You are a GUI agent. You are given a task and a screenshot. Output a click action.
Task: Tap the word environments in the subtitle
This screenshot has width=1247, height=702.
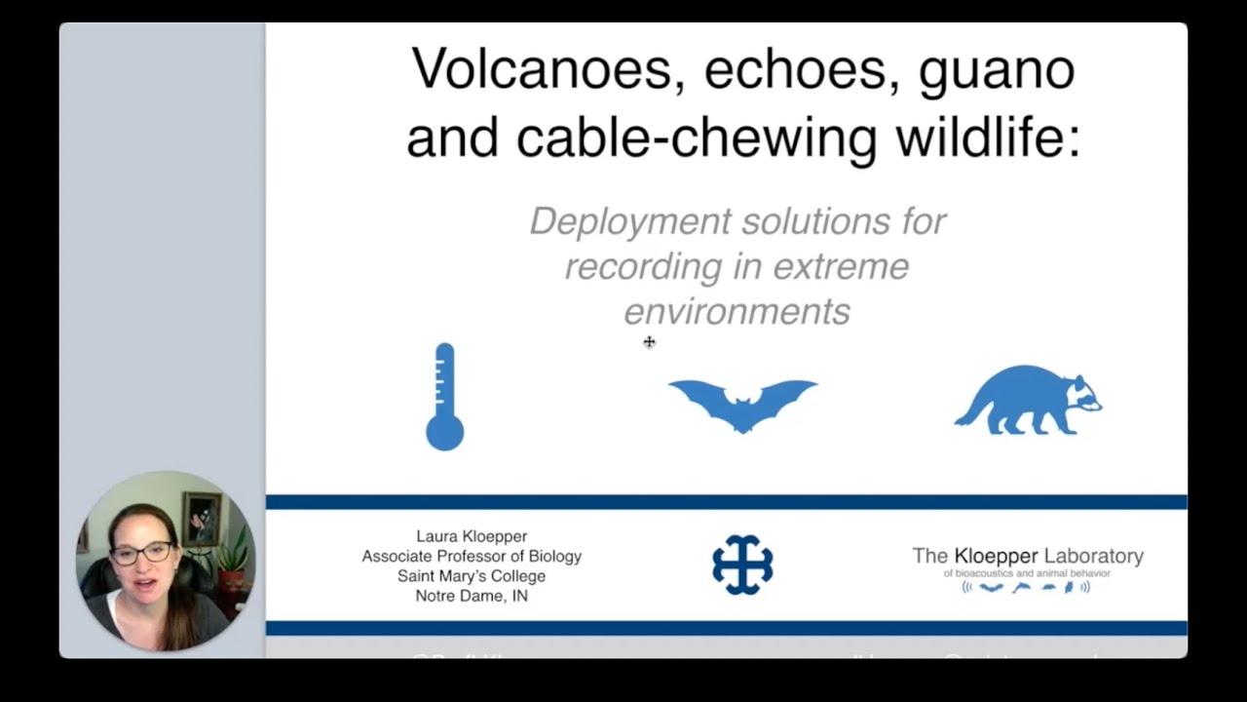click(737, 312)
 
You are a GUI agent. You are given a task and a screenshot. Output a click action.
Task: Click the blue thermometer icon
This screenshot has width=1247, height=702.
click(444, 397)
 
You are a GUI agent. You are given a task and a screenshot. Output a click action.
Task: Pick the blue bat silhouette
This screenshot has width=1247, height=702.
click(742, 403)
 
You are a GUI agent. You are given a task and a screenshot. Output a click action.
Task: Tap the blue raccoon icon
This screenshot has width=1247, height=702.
click(1033, 400)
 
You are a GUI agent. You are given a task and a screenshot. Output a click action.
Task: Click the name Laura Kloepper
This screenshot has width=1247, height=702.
click(472, 536)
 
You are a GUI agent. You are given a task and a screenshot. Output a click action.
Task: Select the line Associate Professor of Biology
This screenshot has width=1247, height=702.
click(472, 556)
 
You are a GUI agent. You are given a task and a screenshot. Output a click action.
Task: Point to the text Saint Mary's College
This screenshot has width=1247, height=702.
click(472, 576)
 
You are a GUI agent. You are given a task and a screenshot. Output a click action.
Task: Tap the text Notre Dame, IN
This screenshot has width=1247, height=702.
click(472, 596)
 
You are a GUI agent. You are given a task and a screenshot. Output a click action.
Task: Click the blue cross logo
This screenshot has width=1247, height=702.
click(742, 565)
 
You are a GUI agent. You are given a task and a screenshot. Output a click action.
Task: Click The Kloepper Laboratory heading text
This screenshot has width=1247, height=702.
click(1028, 556)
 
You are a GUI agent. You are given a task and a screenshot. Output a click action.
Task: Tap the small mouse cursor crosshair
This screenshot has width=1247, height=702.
click(650, 341)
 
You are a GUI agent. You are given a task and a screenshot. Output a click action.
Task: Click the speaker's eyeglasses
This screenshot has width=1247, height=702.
click(142, 553)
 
